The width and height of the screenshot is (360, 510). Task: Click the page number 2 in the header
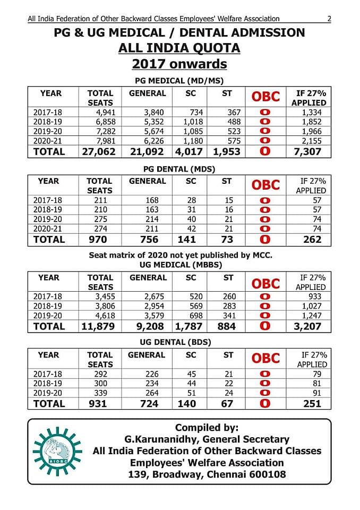tap(329, 19)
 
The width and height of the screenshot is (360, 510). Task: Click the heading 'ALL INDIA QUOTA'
tap(179, 48)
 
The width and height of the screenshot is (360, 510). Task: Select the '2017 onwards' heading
tap(179, 64)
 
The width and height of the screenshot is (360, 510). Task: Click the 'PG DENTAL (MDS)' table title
tap(179, 169)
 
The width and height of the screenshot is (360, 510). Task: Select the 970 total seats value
tap(99, 240)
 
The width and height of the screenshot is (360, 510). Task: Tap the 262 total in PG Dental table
tap(312, 240)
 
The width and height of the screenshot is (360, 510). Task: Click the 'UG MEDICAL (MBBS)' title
tap(179, 265)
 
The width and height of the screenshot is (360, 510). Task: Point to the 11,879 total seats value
tap(98, 327)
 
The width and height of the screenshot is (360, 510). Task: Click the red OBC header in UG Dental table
tap(265, 359)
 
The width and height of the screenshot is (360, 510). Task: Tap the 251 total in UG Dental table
tap(312, 404)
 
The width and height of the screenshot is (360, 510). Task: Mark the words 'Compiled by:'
tap(207, 428)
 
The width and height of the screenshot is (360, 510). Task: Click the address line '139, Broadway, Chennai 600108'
tap(207, 474)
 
